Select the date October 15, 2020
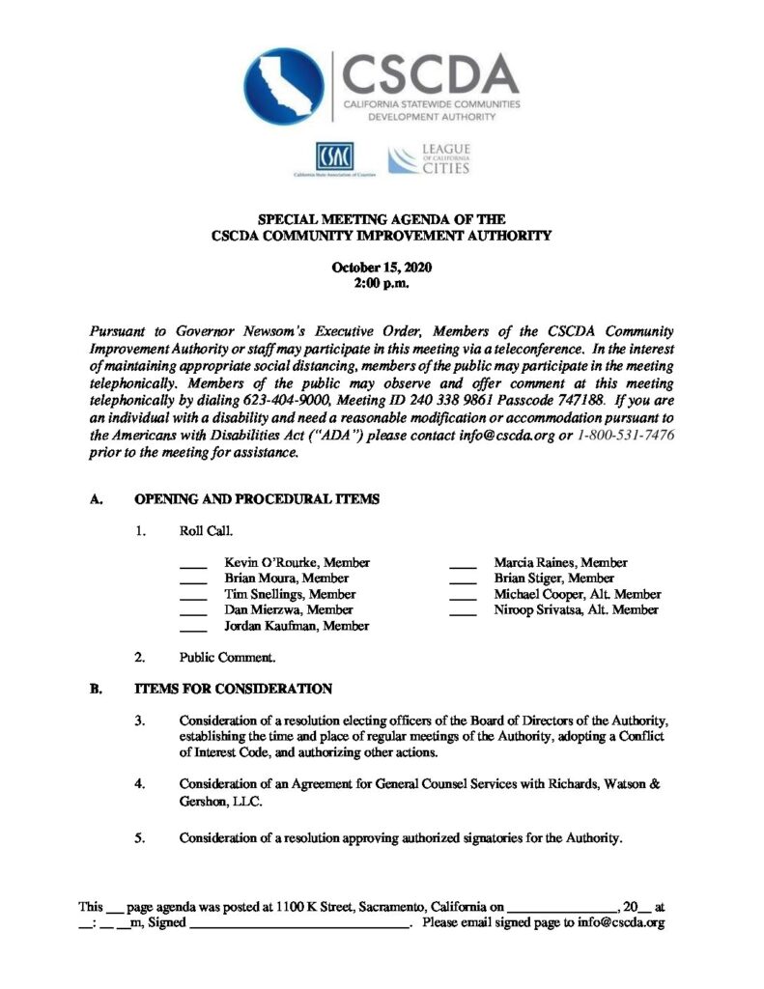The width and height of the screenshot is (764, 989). pos(382,268)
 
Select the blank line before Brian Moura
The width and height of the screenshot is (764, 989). pos(193,579)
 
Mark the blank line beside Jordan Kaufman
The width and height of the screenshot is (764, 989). pos(193,628)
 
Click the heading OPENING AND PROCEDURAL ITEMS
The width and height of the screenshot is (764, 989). pos(256,499)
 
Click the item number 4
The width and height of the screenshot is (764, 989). pos(140,784)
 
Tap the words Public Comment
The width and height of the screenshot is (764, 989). pos(227,658)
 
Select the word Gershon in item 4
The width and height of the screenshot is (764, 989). pos(204,801)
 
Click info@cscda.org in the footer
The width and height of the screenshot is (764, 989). pos(618,923)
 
